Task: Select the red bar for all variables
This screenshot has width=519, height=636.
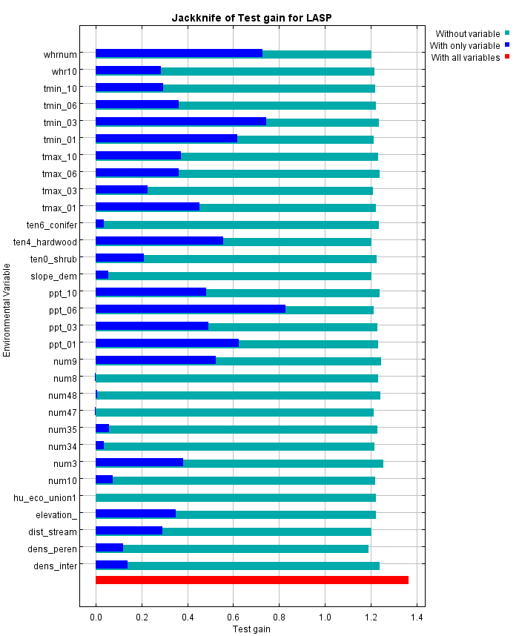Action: tap(251, 580)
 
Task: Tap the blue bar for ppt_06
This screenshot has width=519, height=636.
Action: tap(190, 309)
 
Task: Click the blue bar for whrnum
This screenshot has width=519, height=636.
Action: tap(179, 53)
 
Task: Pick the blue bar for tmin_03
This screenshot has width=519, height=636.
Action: tap(180, 122)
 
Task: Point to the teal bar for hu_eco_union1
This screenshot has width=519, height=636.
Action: tap(236, 497)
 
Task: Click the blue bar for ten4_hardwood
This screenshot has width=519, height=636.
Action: tap(159, 241)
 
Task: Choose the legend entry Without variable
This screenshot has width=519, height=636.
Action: tap(467, 33)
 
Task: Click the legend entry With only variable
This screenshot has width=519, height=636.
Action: tap(465, 45)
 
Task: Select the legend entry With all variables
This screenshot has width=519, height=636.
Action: tap(465, 57)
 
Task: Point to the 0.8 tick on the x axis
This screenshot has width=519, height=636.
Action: tap(279, 617)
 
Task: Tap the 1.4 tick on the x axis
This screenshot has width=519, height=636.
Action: tap(417, 617)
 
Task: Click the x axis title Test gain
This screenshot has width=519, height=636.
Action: tap(251, 629)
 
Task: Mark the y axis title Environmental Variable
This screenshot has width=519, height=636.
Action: tap(7, 309)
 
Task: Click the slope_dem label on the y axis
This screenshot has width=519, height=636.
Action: tap(53, 276)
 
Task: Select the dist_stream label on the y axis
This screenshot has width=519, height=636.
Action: tap(52, 531)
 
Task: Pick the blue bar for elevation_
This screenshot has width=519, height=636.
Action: tap(135, 514)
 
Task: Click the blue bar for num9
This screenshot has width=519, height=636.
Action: tap(155, 360)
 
